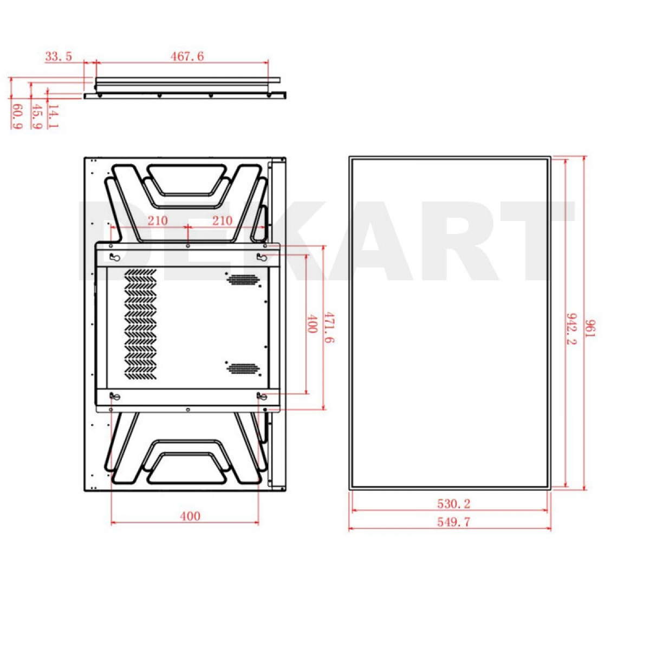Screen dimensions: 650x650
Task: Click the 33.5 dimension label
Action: click(58, 56)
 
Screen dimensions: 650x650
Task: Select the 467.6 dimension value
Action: click(187, 56)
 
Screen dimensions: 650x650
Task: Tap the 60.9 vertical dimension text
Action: click(17, 116)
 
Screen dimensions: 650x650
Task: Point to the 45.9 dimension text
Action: click(36, 116)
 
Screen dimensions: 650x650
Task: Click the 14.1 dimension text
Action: click(53, 116)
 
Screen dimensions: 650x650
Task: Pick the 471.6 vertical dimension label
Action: click(329, 327)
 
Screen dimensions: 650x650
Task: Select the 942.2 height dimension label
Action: click(572, 329)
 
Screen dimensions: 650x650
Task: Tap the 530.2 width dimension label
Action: click(454, 504)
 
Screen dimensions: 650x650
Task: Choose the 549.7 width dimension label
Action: click(454, 522)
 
